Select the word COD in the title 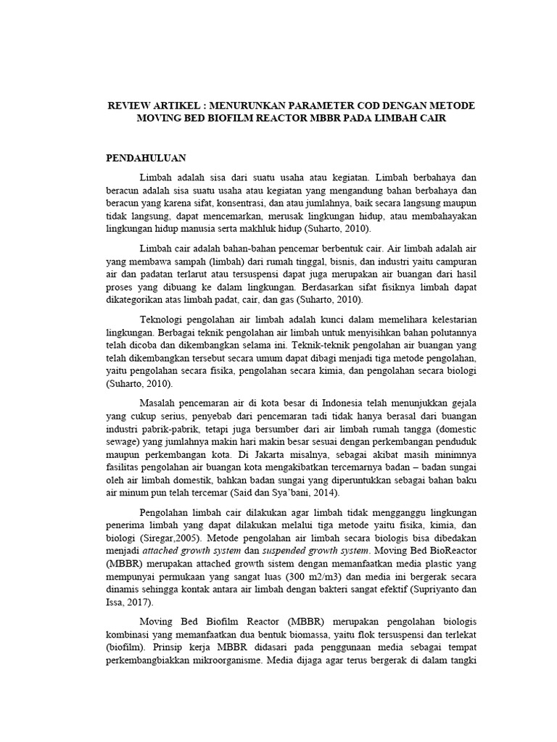(x=355, y=106)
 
